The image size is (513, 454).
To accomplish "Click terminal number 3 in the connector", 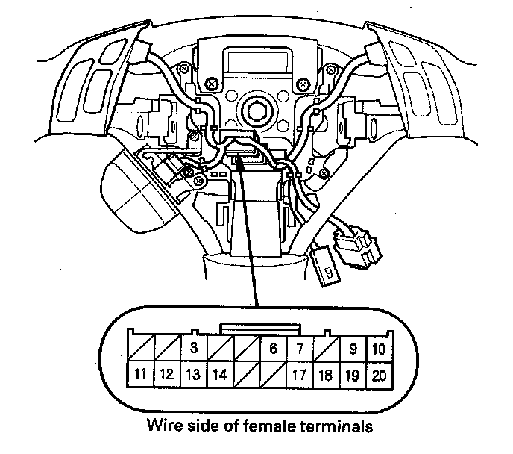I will pyautogui.click(x=194, y=348).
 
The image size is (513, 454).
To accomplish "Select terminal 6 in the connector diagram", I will pyautogui.click(x=273, y=348).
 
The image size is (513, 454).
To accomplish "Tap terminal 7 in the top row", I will pyautogui.click(x=299, y=348).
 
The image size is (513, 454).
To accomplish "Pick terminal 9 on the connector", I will pyautogui.click(x=352, y=348).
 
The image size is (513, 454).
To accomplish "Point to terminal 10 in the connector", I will pyautogui.click(x=379, y=348).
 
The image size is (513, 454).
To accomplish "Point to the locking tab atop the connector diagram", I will pyautogui.click(x=260, y=328).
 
